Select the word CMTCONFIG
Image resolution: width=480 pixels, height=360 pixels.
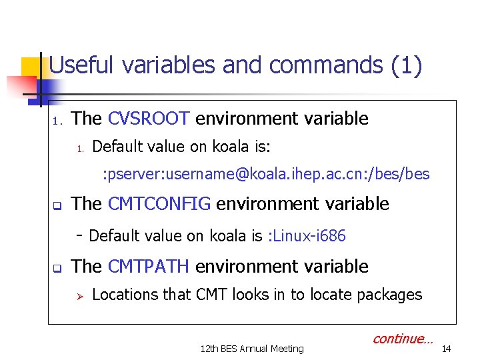159,204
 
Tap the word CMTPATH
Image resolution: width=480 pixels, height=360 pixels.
149,267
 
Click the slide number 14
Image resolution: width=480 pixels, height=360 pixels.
447,348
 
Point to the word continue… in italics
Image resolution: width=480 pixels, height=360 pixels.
403,339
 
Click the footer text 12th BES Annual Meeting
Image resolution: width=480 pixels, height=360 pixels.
252,348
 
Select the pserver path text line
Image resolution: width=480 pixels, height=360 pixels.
265,175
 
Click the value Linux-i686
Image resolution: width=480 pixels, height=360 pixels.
308,236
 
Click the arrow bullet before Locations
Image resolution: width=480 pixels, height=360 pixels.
77,295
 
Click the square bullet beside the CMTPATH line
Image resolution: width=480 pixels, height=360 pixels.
57,269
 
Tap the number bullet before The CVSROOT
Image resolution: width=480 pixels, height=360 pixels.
57,121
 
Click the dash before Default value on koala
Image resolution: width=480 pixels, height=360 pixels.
79,235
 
